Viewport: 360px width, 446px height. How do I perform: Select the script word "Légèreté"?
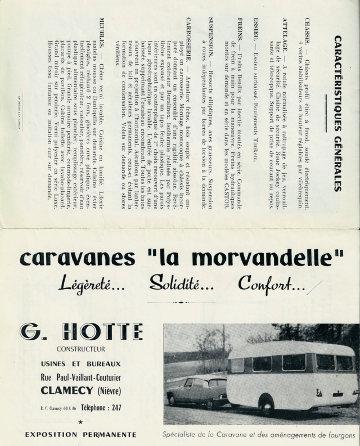tap(92, 284)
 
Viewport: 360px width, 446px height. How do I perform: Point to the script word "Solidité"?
tap(182, 284)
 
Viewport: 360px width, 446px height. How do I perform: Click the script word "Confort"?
tap(271, 284)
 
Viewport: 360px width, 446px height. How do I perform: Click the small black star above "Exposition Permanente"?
tap(81, 421)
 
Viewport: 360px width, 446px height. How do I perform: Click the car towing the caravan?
tap(197, 391)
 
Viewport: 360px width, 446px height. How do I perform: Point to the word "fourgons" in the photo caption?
tap(340, 435)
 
